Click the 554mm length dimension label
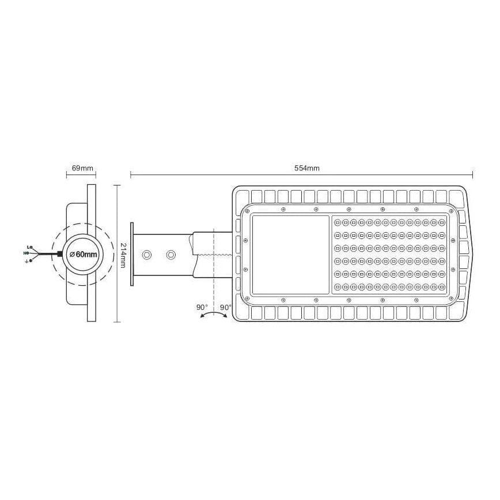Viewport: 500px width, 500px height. pos(306,168)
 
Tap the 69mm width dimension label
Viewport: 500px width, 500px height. pos(82,168)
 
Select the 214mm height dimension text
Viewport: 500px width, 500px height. pos(123,255)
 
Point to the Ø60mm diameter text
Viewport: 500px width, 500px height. pos(82,254)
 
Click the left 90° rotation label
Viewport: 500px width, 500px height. pos(202,308)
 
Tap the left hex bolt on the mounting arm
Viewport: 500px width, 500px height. pos(147,254)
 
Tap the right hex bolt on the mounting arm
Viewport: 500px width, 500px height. pos(171,254)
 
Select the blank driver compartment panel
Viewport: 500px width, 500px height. pos(290,255)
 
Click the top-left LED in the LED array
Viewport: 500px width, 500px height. pos(338,222)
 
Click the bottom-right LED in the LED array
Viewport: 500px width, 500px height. pos(441,287)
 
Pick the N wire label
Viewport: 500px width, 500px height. pos(26,253)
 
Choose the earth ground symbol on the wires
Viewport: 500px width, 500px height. pos(27,260)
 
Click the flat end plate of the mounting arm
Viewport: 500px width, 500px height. pos(132,254)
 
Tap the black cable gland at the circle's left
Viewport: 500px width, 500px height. pos(60,254)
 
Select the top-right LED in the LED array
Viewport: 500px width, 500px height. pos(441,222)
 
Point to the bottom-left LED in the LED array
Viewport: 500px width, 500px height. pos(338,287)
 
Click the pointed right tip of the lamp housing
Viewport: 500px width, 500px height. pos(476,254)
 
